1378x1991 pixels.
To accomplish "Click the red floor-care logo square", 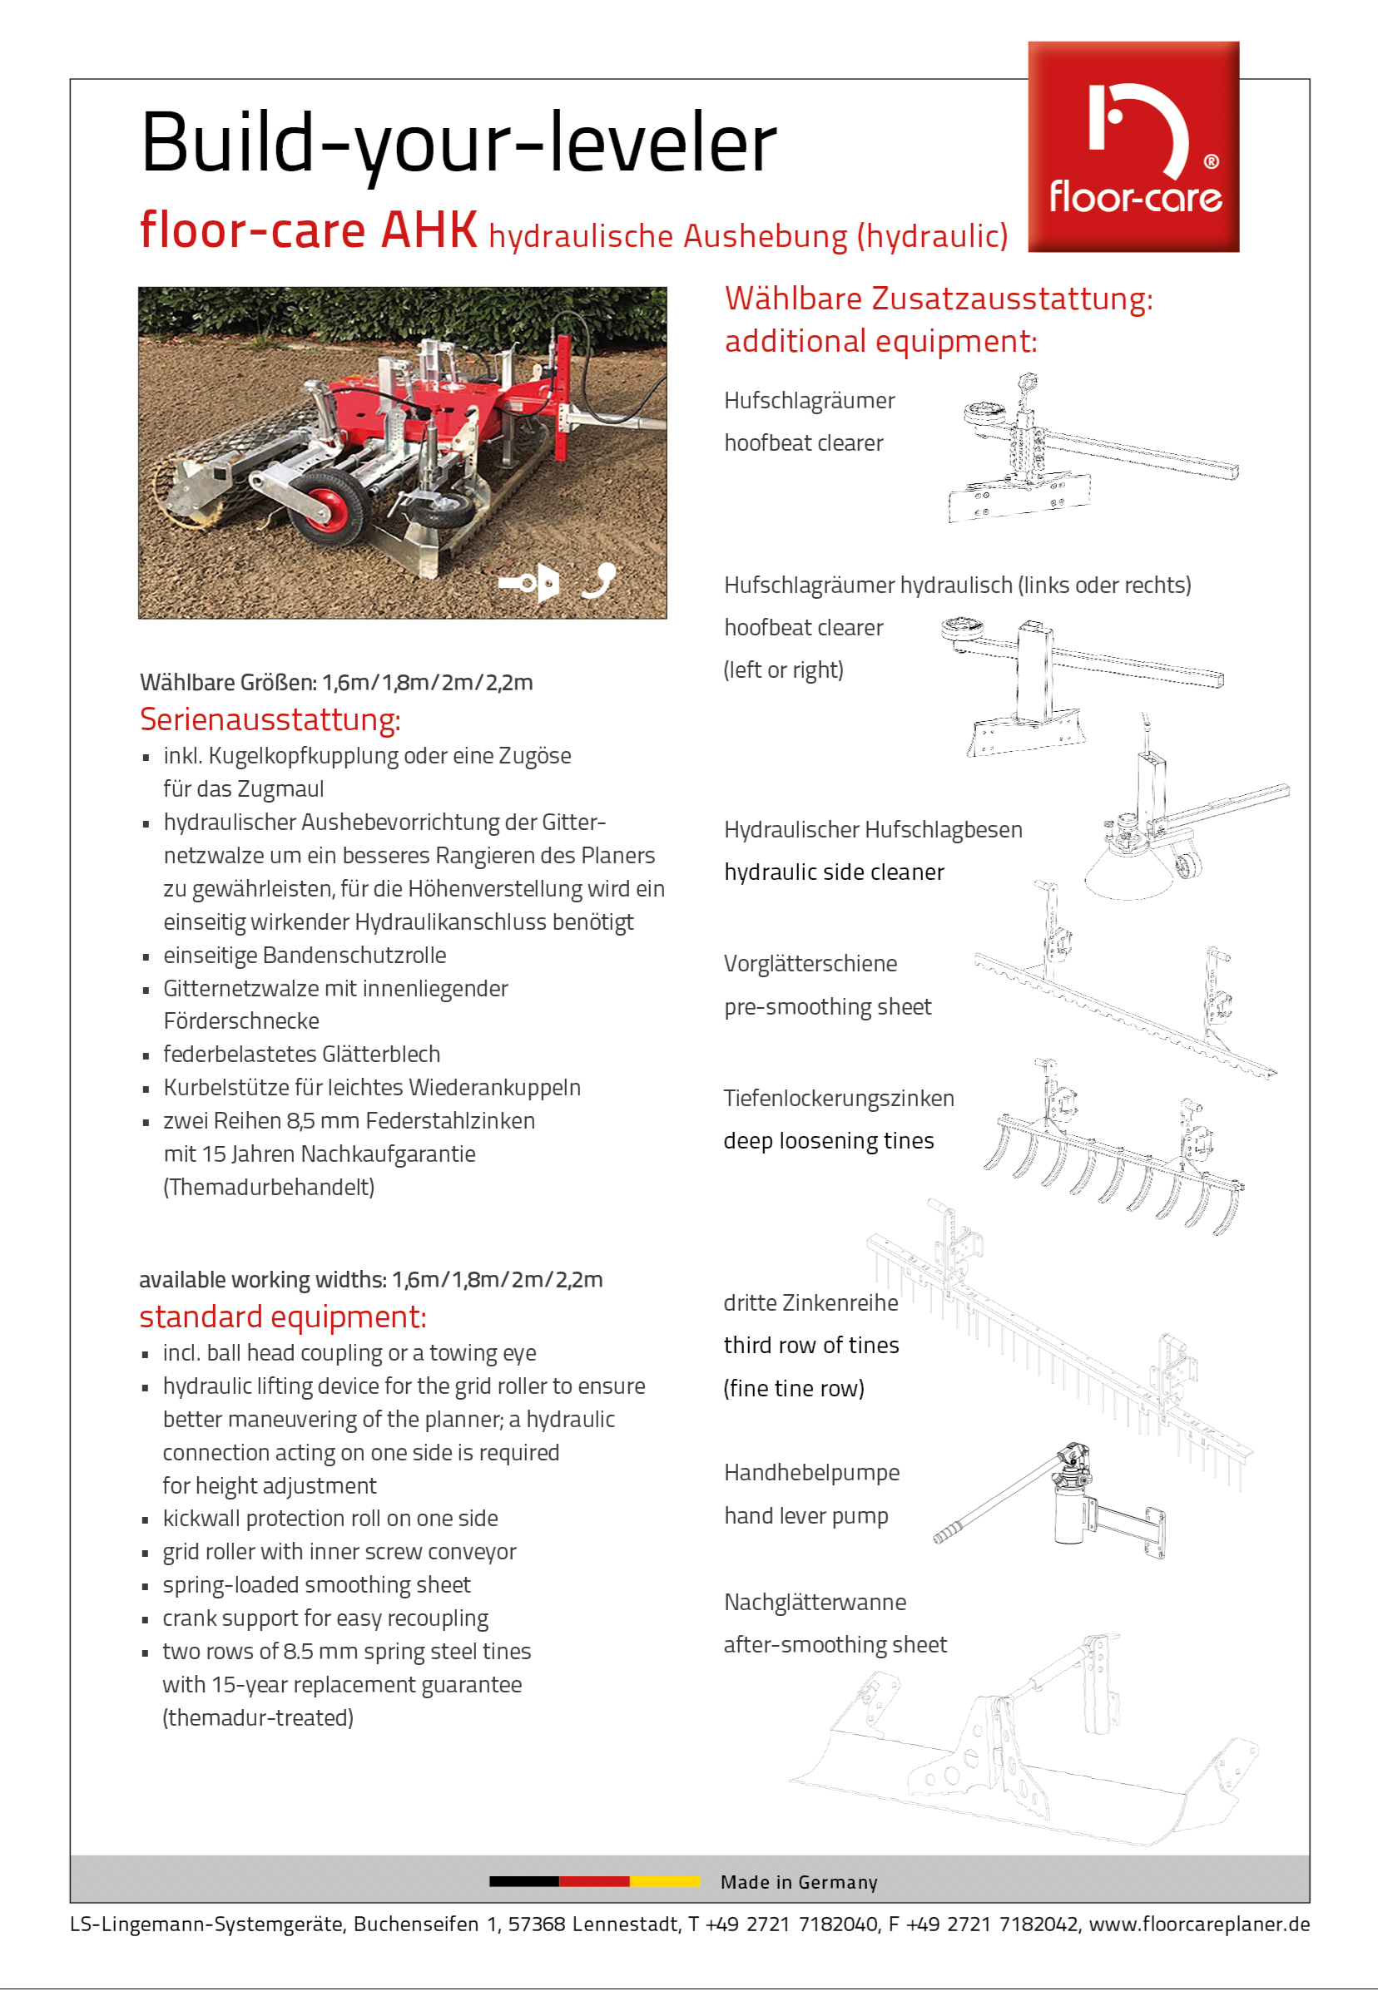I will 1133,146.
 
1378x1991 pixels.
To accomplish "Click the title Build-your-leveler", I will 459,143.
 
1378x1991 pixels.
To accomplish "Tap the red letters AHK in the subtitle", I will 429,230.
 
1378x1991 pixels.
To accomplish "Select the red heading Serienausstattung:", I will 270,719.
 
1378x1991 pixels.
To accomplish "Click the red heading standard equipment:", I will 282,1317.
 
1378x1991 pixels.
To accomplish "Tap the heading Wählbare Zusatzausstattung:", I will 938,299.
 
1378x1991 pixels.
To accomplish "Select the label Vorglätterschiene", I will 810,963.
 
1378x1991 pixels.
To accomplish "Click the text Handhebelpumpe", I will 811,1472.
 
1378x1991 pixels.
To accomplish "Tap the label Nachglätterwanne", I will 815,1602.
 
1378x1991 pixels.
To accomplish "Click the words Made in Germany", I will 799,1882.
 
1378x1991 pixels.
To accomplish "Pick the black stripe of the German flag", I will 523,1881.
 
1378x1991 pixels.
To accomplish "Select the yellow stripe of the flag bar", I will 665,1881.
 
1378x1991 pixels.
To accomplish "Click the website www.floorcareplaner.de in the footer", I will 1198,1924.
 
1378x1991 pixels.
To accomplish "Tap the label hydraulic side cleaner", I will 834,872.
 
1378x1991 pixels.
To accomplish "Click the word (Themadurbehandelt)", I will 269,1187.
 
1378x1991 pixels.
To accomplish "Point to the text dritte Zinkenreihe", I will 810,1302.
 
